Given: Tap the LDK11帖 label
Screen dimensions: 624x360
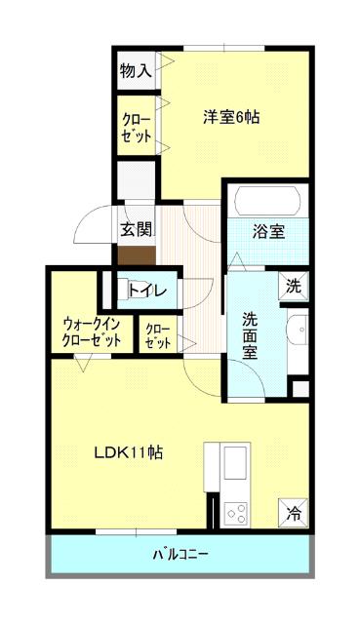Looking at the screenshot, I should click(x=128, y=452).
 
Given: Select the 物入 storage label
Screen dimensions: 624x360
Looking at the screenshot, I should click(x=135, y=70).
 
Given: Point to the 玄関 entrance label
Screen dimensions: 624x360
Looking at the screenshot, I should click(x=136, y=230).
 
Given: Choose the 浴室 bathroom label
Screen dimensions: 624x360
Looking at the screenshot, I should click(x=268, y=231).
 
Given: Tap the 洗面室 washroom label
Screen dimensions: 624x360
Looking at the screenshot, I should click(x=250, y=335).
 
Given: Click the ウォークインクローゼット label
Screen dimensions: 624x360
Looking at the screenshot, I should click(x=92, y=331).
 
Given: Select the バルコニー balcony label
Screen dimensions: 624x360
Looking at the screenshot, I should click(x=180, y=556).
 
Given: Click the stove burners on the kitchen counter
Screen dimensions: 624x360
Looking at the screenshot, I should click(x=235, y=510).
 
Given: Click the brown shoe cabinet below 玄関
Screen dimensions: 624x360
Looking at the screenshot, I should click(x=136, y=255).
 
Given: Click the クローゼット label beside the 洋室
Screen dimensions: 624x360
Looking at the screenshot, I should click(x=136, y=128).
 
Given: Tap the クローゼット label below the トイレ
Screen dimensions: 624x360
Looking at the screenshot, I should click(x=156, y=336).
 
